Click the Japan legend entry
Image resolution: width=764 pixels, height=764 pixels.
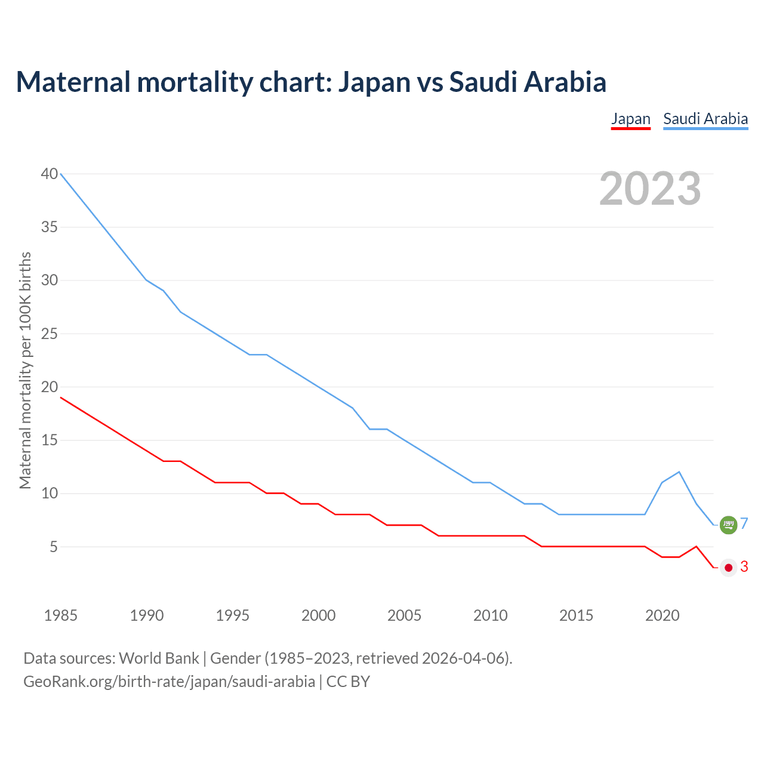coord(630,119)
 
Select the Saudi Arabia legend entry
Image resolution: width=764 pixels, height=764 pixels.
coord(706,119)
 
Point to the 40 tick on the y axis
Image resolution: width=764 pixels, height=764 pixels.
coord(50,174)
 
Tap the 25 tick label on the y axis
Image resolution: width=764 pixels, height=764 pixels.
coord(50,334)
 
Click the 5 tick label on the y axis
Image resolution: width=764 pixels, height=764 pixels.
coord(54,547)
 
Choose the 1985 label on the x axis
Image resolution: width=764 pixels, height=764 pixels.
coord(61,615)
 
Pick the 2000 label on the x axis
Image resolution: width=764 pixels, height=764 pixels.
coord(318,615)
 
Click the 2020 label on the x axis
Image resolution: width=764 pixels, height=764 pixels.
coord(662,615)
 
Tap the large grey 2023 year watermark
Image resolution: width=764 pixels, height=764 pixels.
coord(650,189)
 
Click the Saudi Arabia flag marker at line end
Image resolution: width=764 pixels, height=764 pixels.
coord(728,525)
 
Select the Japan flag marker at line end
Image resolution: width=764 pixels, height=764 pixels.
coord(728,567)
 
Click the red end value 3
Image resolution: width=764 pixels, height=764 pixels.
coord(744,567)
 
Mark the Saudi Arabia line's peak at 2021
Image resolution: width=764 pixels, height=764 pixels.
coord(679,472)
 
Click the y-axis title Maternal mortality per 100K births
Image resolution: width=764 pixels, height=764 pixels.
coord(25,370)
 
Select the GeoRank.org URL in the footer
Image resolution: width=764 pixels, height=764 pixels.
coord(169,682)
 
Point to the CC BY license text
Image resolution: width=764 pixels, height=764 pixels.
coord(348,682)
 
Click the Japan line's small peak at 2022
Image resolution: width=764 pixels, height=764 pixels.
coord(696,546)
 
